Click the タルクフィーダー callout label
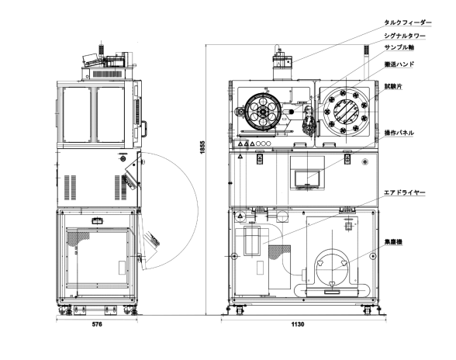408,22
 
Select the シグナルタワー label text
405,36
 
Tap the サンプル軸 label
399,47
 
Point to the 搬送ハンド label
399,64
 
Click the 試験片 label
393,86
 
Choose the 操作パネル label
399,133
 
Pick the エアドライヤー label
405,192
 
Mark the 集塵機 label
393,241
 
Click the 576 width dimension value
97,324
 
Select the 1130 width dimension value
298,324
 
